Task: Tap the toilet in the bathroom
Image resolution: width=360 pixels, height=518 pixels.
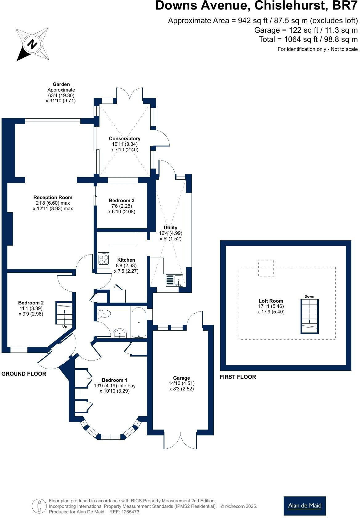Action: click(104, 314)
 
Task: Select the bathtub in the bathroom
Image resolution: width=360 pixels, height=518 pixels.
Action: click(139, 322)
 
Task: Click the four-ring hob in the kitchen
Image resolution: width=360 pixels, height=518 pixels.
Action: click(103, 259)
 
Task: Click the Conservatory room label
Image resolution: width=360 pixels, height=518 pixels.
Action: click(124, 139)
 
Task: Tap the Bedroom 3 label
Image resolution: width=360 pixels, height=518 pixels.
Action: click(122, 201)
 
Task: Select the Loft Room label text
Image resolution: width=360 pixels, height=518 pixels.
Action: click(271, 301)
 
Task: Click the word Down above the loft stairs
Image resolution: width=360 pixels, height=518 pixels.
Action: click(309, 296)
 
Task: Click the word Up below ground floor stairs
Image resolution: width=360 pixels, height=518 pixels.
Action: click(65, 326)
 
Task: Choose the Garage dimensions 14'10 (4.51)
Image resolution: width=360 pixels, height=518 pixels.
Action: click(181, 383)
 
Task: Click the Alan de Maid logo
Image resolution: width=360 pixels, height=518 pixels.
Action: click(304, 506)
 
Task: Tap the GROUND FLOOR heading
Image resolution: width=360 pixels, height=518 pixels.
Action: click(24, 374)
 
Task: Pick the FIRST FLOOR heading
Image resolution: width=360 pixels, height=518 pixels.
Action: click(238, 377)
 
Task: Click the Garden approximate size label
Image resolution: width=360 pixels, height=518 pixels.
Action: click(61, 92)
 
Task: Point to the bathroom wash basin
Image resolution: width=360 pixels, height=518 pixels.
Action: click(119, 334)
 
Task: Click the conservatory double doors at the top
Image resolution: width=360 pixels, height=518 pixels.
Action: click(130, 94)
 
